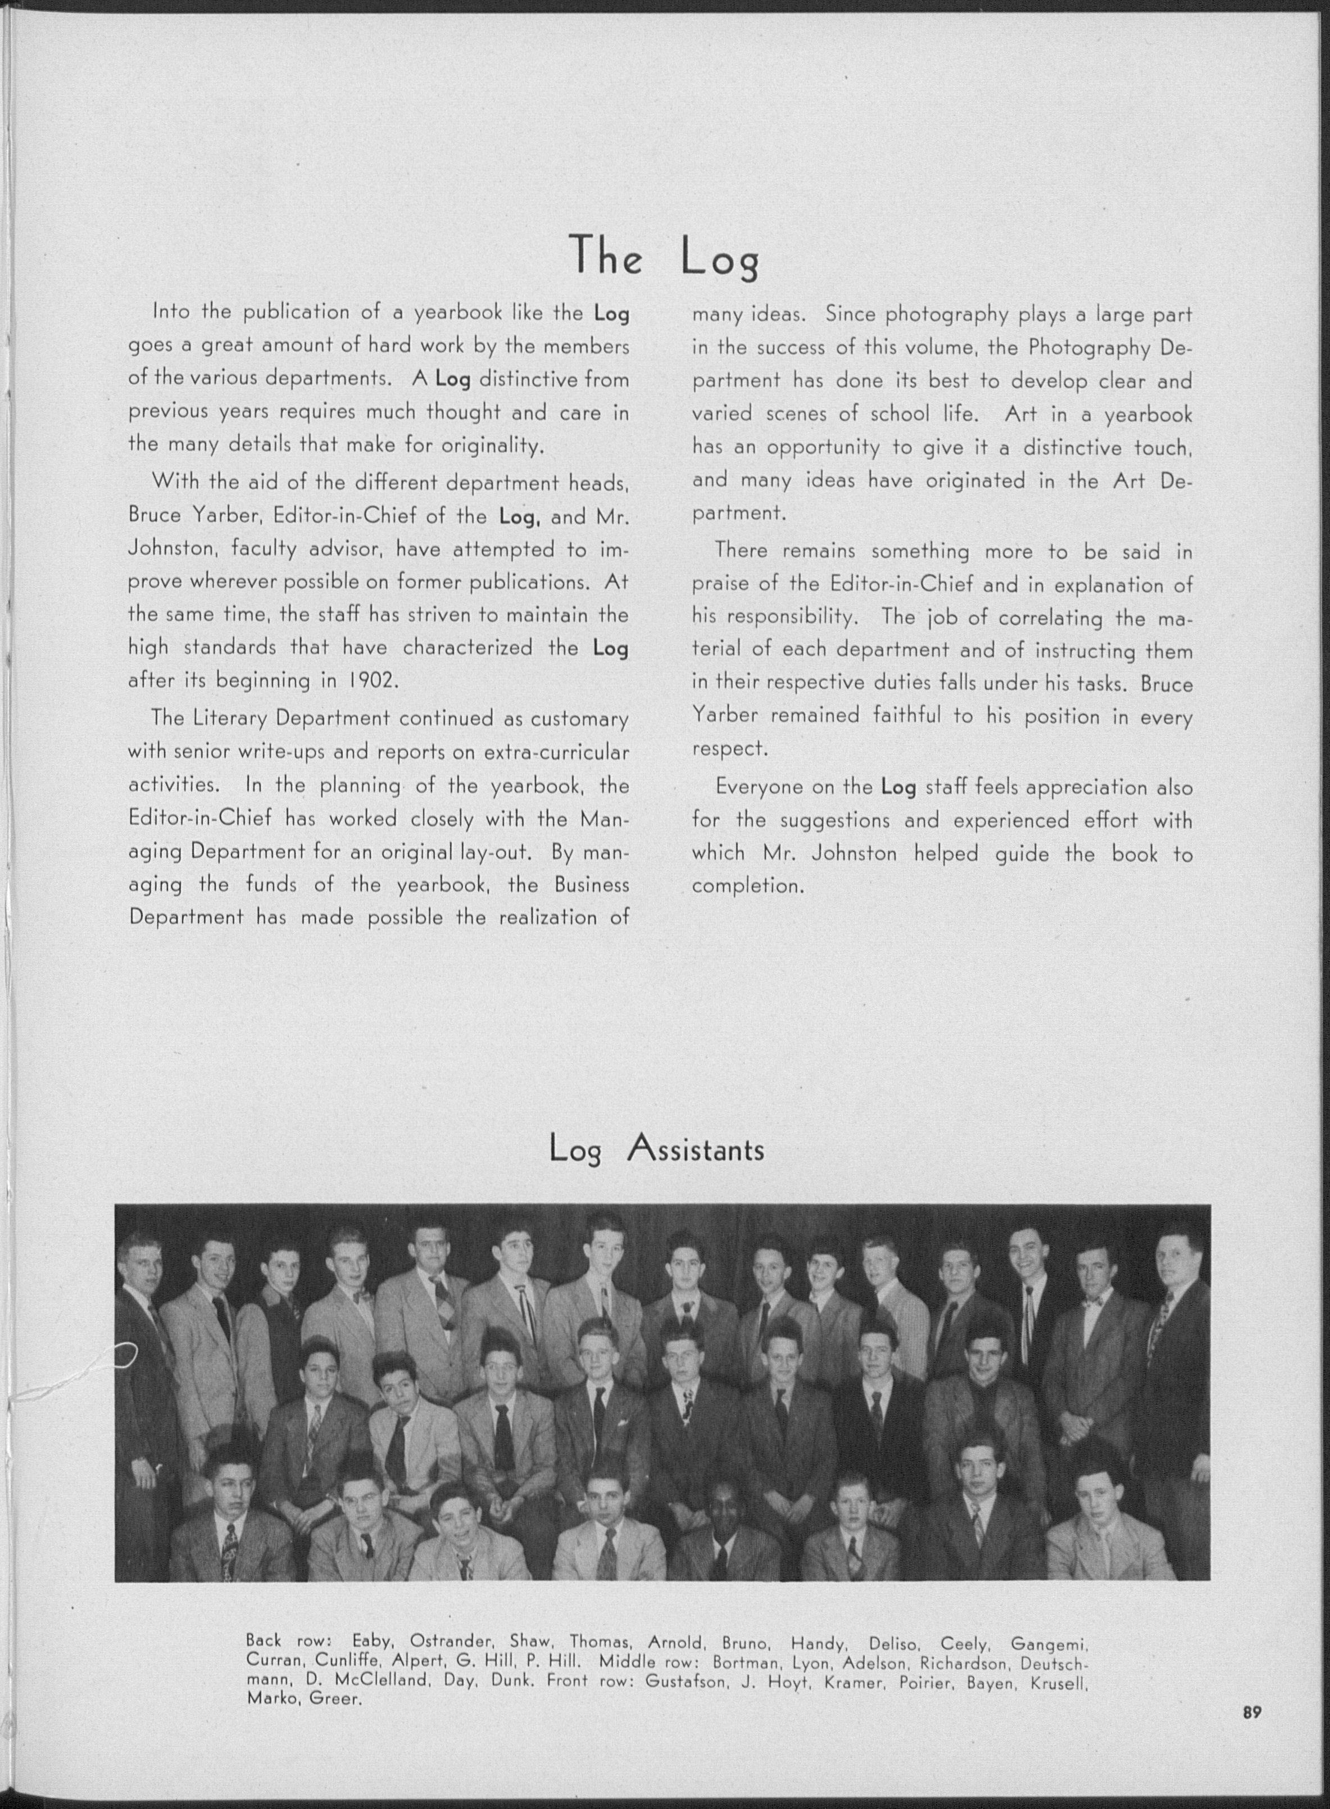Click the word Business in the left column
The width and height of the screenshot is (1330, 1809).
click(592, 884)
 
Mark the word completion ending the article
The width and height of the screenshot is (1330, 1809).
click(748, 886)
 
